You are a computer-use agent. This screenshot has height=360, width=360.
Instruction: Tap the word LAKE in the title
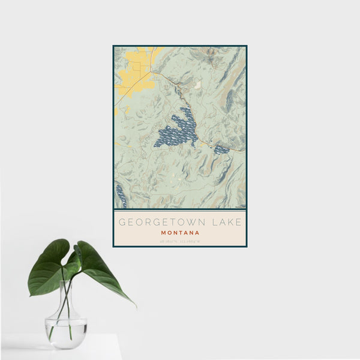pyautogui.click(x=224, y=221)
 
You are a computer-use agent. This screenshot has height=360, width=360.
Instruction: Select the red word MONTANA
pyautogui.click(x=180, y=232)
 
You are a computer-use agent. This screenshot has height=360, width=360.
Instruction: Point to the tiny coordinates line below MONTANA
pyautogui.click(x=180, y=241)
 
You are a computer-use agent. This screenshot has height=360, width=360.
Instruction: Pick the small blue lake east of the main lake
pyautogui.click(x=221, y=149)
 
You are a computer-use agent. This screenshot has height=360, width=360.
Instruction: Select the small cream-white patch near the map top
pyautogui.click(x=197, y=85)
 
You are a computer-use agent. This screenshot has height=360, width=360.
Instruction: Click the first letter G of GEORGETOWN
pyautogui.click(x=122, y=221)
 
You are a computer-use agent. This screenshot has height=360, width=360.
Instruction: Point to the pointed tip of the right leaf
pyautogui.click(x=134, y=305)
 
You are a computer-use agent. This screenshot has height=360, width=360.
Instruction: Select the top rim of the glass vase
pyautogui.click(x=67, y=281)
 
